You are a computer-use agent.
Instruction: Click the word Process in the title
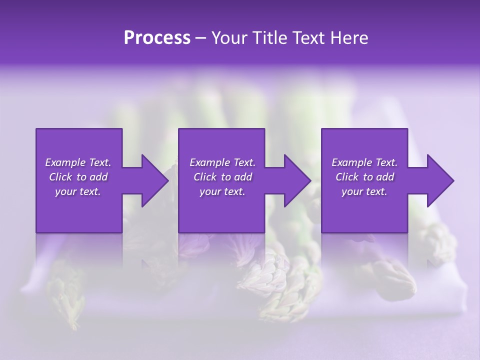pos(157,38)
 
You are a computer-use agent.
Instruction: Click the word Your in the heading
pos(229,38)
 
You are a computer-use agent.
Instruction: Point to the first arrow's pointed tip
pos(167,180)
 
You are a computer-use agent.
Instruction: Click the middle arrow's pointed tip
pos(310,180)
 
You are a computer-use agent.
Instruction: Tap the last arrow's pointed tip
pos(453,180)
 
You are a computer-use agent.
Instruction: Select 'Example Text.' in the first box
pos(78,162)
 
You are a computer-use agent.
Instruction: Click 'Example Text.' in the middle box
pos(222,162)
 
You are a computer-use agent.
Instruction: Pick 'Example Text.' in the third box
pos(364,162)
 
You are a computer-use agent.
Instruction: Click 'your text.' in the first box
pos(78,191)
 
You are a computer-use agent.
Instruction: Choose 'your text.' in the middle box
pos(222,191)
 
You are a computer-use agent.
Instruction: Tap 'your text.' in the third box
pos(364,191)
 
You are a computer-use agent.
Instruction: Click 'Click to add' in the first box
pos(78,177)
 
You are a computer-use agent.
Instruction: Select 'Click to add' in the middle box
pos(222,177)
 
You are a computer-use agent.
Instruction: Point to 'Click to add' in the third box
pos(364,177)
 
